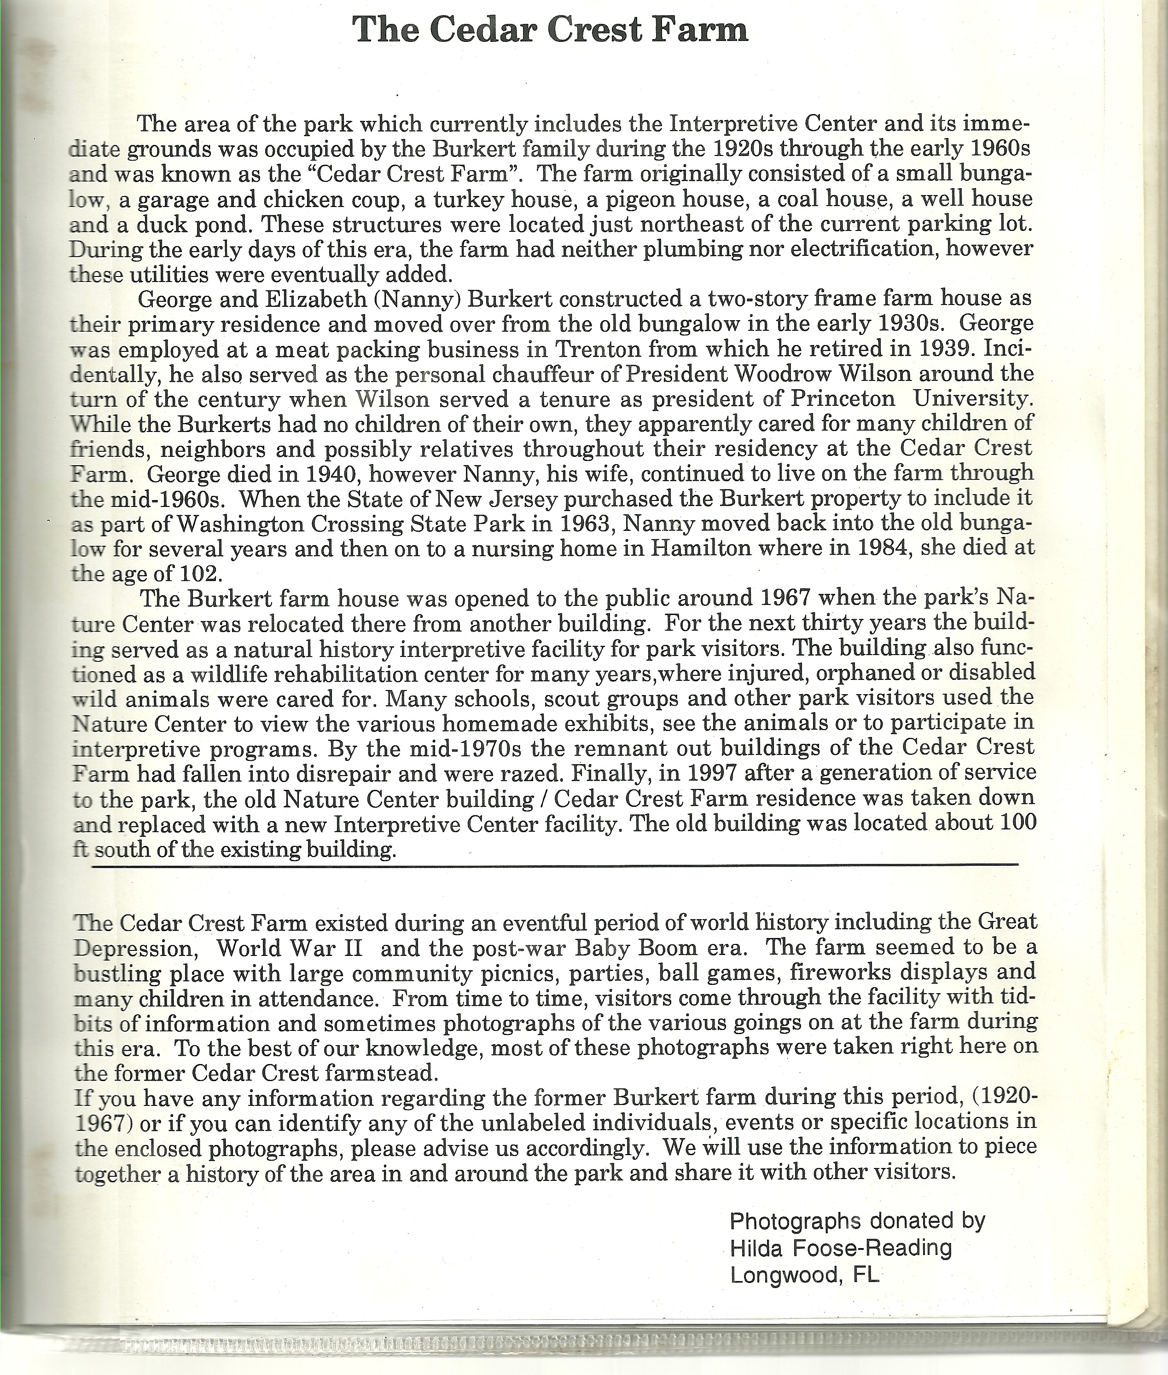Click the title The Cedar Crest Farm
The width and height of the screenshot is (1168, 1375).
[x=550, y=30]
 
